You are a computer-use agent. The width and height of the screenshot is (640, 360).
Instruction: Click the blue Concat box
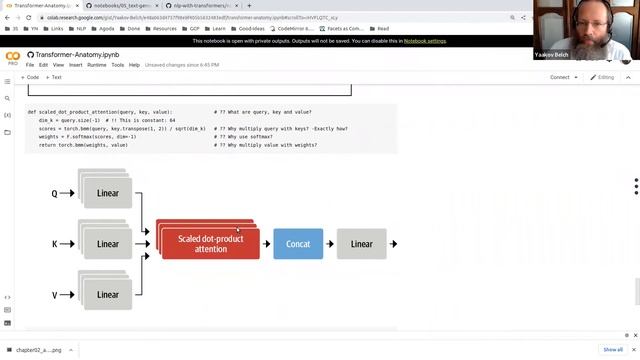coord(298,244)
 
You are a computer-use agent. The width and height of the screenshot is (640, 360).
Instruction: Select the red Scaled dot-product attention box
coord(210,244)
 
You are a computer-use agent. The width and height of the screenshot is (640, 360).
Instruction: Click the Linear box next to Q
coord(108,193)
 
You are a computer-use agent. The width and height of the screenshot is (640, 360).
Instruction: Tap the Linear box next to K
coord(108,244)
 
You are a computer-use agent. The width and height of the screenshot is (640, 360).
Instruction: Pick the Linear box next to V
coord(108,294)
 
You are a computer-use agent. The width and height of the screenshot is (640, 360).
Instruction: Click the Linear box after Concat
coord(361,244)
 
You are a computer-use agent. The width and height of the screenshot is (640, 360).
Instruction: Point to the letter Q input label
coord(55,193)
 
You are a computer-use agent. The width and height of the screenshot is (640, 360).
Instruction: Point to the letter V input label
coord(55,295)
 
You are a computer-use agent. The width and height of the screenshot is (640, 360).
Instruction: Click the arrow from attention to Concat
coord(266,244)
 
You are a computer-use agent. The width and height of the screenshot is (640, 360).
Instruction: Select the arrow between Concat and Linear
coord(329,244)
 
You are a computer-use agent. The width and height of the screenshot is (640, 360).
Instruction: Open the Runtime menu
coord(96,65)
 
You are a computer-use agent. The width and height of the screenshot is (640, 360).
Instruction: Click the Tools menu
coord(117,65)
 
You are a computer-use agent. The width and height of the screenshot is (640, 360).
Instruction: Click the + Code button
coord(30,77)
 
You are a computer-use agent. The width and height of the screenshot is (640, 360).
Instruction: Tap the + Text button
coord(54,77)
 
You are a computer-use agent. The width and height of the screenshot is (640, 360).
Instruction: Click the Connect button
coord(560,77)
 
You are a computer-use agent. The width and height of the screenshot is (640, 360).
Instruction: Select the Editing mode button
coord(603,77)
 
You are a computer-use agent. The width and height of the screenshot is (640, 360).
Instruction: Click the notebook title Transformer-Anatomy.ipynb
coord(77,53)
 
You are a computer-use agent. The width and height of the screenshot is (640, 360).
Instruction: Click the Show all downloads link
coord(613,350)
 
